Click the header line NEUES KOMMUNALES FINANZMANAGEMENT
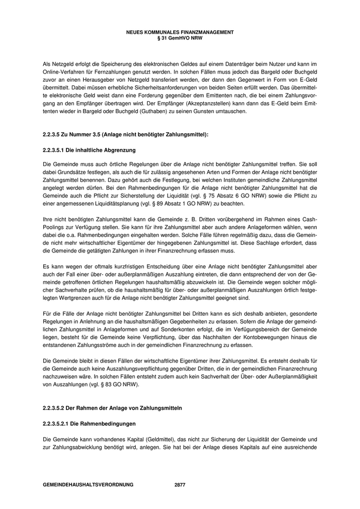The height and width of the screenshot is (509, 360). (x=179, y=32)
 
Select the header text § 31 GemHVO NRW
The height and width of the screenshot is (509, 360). (x=179, y=37)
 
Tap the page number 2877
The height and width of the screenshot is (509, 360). (x=179, y=485)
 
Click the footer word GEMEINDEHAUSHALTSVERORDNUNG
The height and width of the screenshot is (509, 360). (x=88, y=485)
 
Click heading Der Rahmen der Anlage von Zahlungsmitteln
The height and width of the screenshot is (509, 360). (x=112, y=408)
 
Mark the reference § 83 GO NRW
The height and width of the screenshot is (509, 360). (x=126, y=384)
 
